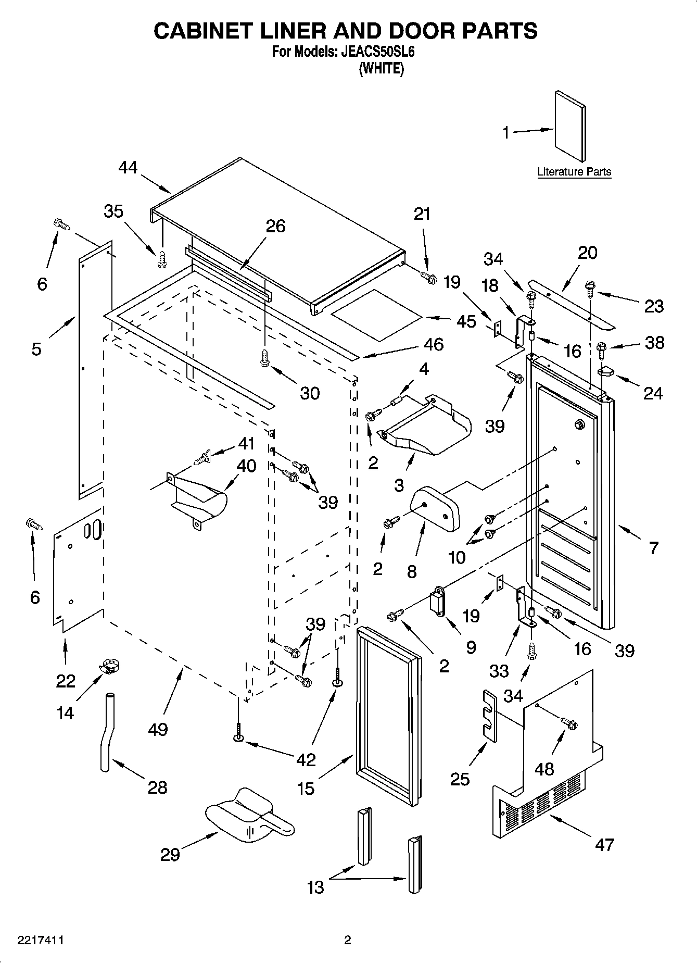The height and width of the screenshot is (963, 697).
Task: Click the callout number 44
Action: pos(128,168)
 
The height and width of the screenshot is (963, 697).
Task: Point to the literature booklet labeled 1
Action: pos(569,127)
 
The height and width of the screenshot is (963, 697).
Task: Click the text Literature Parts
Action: pos(574,172)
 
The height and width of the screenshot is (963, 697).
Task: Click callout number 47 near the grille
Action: pos(604,844)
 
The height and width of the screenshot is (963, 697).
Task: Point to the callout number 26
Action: pos(275,226)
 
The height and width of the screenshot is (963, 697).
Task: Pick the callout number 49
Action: pos(158,729)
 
